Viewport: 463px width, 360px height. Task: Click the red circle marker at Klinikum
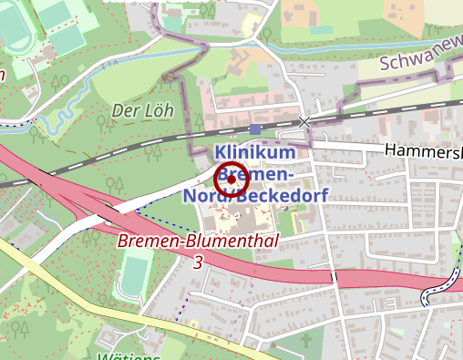[x=231, y=181]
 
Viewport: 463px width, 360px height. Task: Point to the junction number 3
[x=198, y=262]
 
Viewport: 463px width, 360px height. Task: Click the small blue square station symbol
[x=254, y=129]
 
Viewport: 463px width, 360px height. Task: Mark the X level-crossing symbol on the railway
[x=304, y=121]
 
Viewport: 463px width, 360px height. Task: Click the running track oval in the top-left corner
[x=18, y=31]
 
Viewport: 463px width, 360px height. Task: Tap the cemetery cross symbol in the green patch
[x=307, y=344]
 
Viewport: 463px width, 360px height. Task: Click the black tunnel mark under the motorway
[x=334, y=276]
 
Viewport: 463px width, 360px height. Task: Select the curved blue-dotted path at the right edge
[x=437, y=290]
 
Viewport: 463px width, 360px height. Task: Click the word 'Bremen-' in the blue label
[x=259, y=174]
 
